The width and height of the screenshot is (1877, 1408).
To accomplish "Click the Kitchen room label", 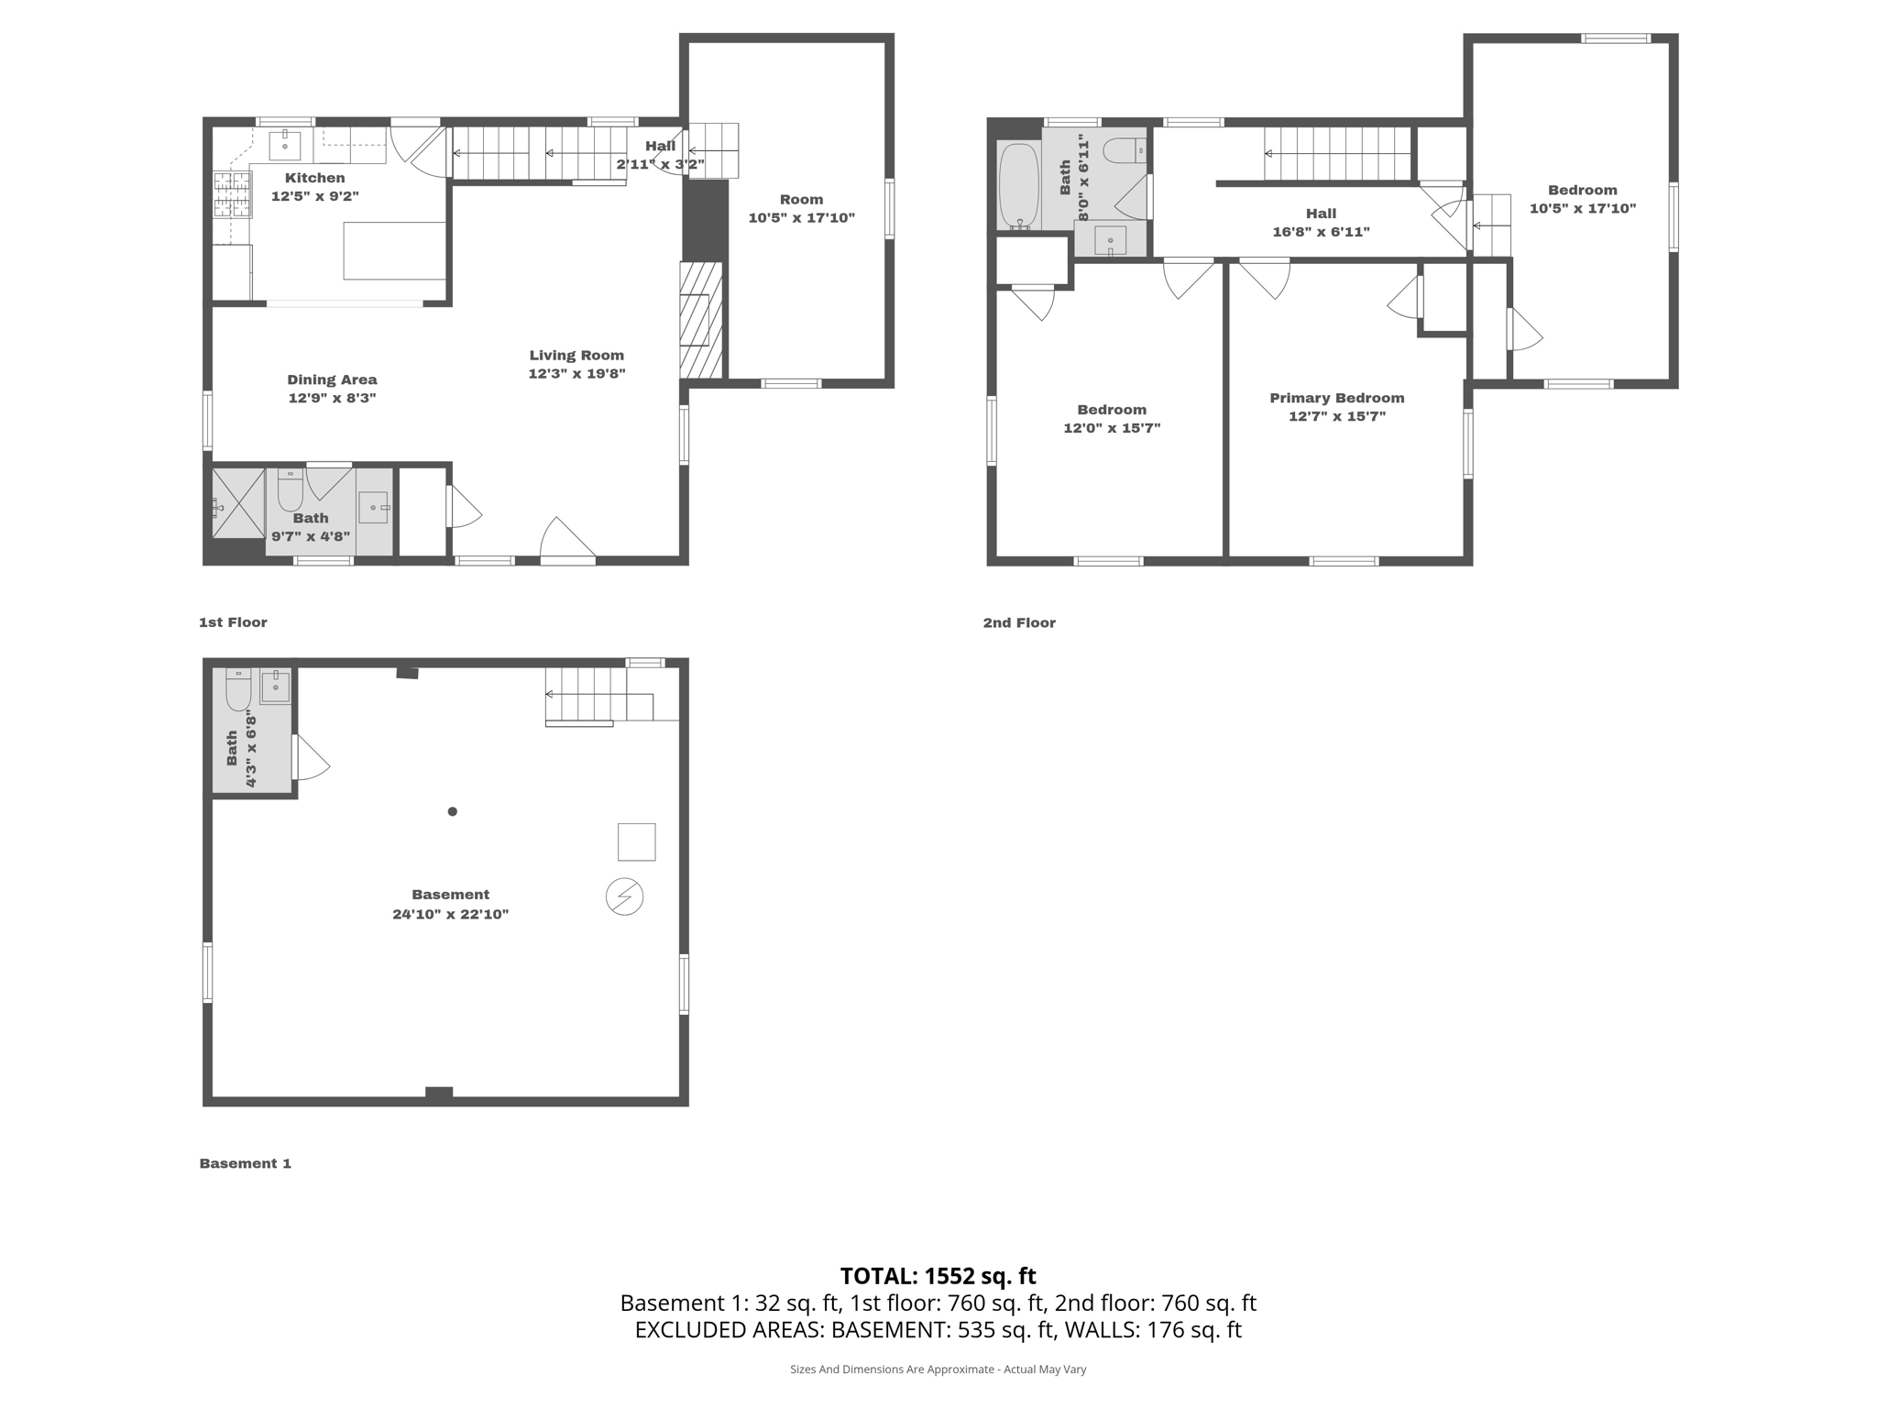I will coord(314,178).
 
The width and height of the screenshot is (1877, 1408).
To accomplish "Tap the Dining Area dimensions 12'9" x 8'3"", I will coord(332,398).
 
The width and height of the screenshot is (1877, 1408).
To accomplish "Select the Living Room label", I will coord(576,356).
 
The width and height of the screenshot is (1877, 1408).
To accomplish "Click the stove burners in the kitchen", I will coord(232,194).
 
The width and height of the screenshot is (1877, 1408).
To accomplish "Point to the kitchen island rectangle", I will coord(394,250).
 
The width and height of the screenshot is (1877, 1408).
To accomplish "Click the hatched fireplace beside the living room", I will coord(700,320).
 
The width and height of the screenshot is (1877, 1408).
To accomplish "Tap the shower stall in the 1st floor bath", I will coord(238,503).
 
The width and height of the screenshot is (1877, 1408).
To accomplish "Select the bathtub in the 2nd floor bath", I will coord(1018,186).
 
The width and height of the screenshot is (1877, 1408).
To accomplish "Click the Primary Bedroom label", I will coord(1336,398).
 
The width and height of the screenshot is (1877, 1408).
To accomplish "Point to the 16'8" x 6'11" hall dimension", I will coord(1321,232).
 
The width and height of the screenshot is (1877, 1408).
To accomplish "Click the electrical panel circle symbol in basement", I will coord(624,896).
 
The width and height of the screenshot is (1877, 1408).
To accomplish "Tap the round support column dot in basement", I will coord(452,811).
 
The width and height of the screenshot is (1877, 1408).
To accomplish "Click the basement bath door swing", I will coord(311,759).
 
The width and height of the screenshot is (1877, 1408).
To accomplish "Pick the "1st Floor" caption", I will coord(233,622).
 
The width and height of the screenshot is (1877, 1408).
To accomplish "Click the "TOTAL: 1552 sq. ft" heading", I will coord(938,1276).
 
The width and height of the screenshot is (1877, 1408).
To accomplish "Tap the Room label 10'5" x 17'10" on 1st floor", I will coord(801,209).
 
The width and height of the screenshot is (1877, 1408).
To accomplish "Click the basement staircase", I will coord(587,695).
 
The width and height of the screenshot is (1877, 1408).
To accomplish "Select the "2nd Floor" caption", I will coord(1019,622).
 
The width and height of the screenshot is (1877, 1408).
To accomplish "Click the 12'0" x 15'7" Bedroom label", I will coord(1111,419).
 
